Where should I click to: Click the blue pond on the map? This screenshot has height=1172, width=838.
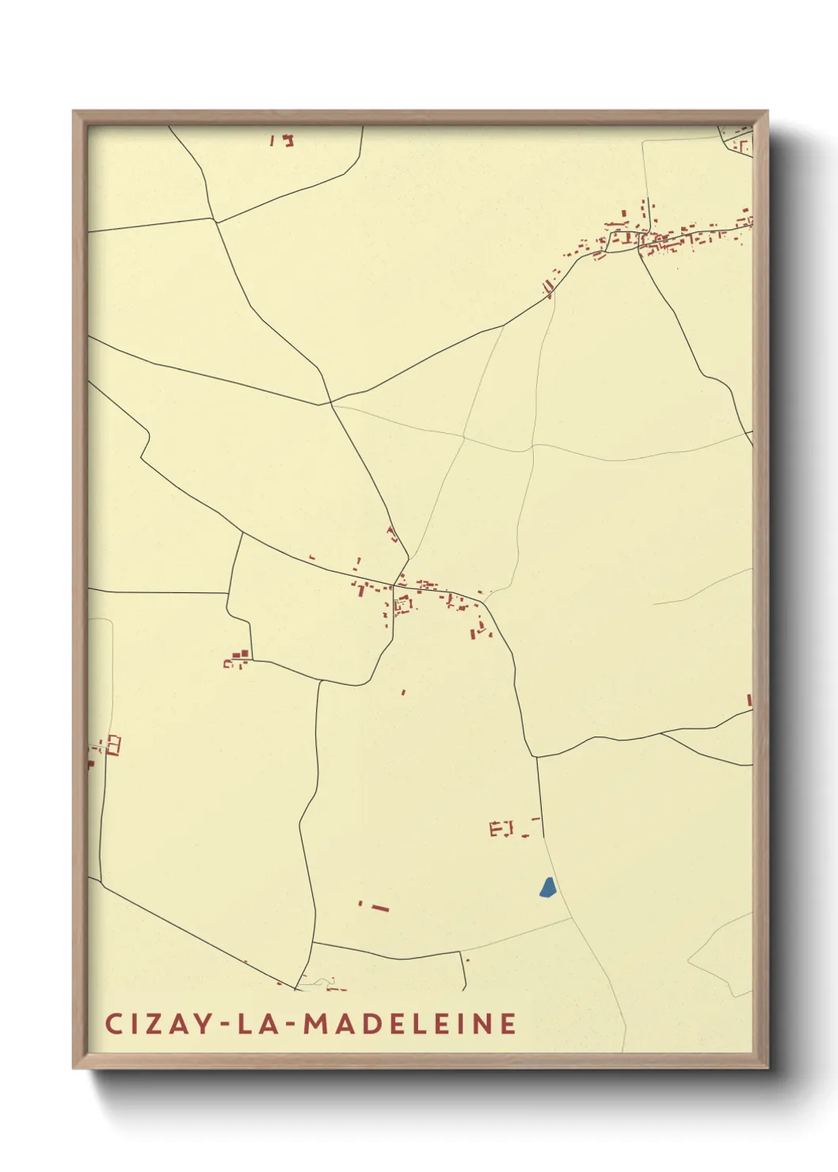(x=547, y=888)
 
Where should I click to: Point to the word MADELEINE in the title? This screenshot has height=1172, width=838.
(x=410, y=1024)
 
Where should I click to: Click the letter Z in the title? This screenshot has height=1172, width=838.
(x=155, y=1024)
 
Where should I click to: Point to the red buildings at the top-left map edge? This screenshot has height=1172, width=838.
(x=284, y=140)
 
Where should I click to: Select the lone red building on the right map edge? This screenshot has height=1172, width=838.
(x=749, y=700)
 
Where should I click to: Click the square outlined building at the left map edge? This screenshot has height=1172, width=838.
(x=113, y=744)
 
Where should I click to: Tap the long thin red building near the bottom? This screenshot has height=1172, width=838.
(x=380, y=908)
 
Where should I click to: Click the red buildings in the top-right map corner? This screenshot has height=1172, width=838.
(x=740, y=140)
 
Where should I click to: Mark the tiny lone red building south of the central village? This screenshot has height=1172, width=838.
(x=403, y=692)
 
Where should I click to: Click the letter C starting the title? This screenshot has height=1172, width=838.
(x=112, y=1024)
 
